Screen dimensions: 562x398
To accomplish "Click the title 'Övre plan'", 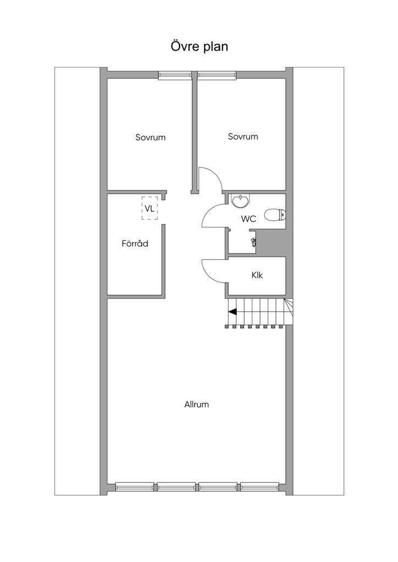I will [199, 47].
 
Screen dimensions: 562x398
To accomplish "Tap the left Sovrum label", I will [150, 137].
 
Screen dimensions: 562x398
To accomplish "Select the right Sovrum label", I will [242, 137].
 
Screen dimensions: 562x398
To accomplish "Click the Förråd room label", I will [135, 244].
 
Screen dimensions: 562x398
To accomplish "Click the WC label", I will [248, 219].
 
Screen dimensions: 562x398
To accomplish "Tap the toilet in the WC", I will [274, 215].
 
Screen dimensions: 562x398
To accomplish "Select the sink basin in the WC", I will [240, 202].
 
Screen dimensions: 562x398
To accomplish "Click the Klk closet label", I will [257, 275].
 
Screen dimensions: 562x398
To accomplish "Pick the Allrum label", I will [196, 404].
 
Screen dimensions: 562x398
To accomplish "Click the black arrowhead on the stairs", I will [233, 312].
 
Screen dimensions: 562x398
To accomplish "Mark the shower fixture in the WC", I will [254, 241].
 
